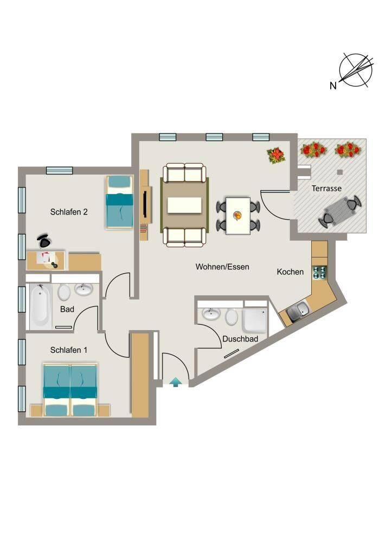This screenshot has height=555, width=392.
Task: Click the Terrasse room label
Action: click(326, 188)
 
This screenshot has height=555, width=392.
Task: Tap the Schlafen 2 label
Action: click(69, 212)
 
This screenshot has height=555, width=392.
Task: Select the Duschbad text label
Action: click(240, 339)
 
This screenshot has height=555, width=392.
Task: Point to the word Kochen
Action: click(290, 272)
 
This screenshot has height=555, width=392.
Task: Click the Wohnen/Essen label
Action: click(222, 267)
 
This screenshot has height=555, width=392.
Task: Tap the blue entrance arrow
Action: click(176, 382)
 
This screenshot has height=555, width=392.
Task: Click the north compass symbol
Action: click(356, 70)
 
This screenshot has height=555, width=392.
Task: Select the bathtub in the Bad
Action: click(40, 306)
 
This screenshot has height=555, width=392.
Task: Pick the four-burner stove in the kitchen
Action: click(319, 273)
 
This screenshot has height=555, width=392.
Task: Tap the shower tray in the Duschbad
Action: click(255, 320)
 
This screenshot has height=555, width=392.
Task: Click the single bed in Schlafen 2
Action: click(120, 203)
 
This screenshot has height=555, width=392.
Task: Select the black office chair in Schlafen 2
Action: click(44, 241)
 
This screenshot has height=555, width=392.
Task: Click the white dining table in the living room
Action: click(238, 216)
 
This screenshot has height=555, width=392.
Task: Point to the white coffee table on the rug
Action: click(184, 205)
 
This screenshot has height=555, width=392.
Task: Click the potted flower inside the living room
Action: click(276, 156)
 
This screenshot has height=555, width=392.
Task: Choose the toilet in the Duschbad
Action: click(231, 317)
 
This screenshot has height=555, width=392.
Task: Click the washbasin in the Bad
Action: click(83, 289)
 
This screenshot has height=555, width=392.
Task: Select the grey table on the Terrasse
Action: click(340, 211)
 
